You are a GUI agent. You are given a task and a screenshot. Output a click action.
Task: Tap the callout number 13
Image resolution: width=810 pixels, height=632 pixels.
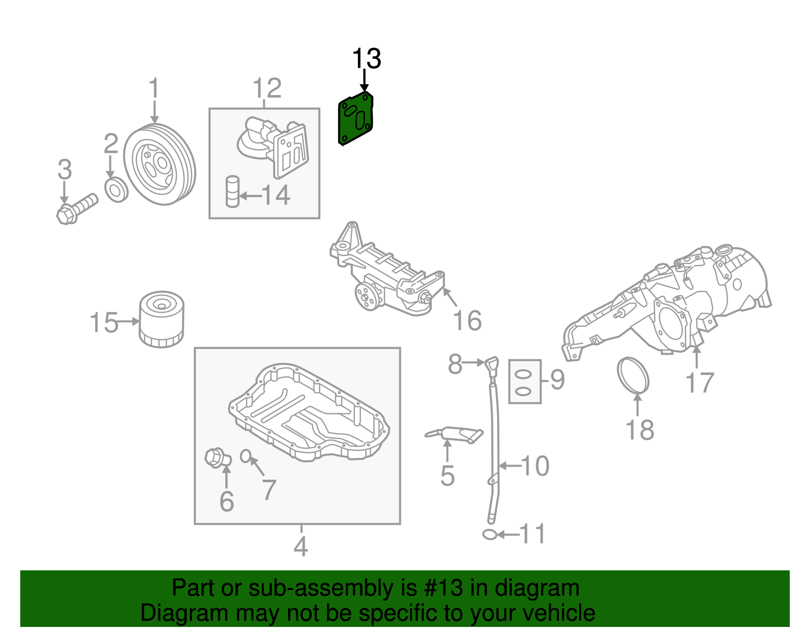click(366, 59)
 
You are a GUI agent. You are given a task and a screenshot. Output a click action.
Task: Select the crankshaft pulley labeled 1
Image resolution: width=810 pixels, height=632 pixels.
click(159, 165)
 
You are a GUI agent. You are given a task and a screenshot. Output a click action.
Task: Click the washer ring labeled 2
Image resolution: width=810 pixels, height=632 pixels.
click(116, 190)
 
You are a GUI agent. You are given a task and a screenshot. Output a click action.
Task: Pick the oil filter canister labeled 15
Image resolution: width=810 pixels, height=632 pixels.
click(161, 320)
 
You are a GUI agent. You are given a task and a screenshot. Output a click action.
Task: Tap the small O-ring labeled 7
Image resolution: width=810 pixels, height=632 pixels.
click(245, 456)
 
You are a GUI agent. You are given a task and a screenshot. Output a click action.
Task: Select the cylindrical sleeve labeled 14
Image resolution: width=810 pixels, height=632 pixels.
click(232, 191)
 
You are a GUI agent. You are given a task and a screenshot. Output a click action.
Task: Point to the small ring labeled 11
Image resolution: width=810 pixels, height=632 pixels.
click(490, 534)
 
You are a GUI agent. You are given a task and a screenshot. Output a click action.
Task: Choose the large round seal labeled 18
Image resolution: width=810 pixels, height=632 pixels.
click(633, 375)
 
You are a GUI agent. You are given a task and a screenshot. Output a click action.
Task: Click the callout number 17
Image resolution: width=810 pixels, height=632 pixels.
click(700, 383)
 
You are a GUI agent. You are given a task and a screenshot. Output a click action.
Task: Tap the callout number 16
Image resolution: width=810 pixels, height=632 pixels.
click(467, 321)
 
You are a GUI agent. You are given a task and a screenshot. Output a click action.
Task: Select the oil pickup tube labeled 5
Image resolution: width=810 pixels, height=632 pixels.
click(454, 434)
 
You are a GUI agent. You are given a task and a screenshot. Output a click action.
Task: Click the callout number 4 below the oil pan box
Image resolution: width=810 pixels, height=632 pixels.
click(301, 547)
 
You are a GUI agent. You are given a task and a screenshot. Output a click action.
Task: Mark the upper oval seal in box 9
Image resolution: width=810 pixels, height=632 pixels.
click(524, 375)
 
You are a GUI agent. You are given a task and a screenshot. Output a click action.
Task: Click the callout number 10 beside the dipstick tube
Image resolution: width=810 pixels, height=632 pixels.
click(535, 466)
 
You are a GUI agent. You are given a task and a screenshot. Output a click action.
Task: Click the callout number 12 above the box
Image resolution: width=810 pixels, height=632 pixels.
click(267, 89)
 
